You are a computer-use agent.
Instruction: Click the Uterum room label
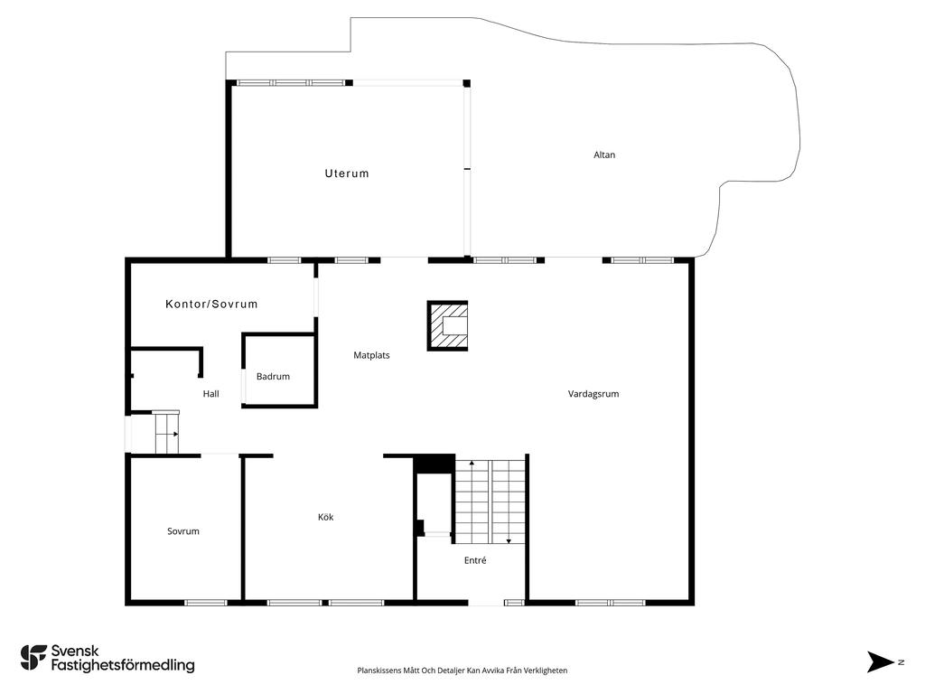[347, 173]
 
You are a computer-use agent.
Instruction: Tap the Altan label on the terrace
[604, 155]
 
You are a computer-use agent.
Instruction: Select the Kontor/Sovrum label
[211, 305]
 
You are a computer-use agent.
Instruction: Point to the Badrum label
[273, 377]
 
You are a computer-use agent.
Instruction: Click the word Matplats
[371, 355]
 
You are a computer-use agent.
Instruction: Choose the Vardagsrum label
[593, 394]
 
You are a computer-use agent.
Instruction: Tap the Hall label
[210, 394]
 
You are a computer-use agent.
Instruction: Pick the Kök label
[325, 518]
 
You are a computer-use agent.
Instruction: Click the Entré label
[475, 560]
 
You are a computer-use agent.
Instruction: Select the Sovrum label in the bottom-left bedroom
[182, 531]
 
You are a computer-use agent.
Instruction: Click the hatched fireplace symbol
[448, 325]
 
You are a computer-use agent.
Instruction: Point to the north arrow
[880, 661]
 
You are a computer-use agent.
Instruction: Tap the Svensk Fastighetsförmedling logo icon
[33, 658]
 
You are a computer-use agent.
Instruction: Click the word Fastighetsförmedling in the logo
[123, 666]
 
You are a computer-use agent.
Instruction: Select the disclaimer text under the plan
[462, 671]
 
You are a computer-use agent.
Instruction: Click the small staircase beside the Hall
[166, 433]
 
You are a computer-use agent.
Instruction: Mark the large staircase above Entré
[490, 502]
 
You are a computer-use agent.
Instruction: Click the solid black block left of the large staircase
[434, 464]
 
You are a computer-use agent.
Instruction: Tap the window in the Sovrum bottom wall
[205, 603]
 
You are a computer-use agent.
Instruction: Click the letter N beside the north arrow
[901, 662]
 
